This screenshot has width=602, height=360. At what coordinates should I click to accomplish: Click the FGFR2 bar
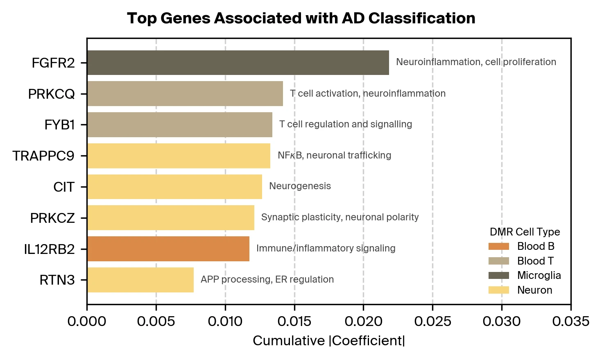[x=238, y=63]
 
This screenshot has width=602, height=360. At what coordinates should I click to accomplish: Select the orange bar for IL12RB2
[x=168, y=249]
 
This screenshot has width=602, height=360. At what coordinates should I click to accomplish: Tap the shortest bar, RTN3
[x=140, y=280]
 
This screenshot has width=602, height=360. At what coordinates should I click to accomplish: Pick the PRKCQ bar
[x=185, y=94]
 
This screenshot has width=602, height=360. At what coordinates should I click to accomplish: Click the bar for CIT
[x=174, y=187]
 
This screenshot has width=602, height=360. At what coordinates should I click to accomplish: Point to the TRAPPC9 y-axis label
[x=43, y=156]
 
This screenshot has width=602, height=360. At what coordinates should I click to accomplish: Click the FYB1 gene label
[x=59, y=125]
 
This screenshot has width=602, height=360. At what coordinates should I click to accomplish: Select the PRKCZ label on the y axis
[x=52, y=218]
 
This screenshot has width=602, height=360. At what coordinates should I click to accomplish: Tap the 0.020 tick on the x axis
[x=363, y=322]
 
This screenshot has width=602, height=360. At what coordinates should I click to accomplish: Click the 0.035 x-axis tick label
[x=570, y=322]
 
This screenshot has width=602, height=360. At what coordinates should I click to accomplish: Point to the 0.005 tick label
[x=156, y=322]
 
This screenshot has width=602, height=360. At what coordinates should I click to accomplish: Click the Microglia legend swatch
[x=499, y=275]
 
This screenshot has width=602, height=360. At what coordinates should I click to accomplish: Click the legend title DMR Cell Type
[x=525, y=232]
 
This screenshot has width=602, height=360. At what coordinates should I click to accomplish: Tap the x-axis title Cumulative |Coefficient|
[x=328, y=341]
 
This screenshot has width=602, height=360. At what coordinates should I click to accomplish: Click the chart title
[x=301, y=18]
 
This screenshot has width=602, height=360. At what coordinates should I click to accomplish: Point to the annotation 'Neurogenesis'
[x=300, y=186]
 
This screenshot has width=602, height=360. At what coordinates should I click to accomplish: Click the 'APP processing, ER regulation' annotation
[x=267, y=279]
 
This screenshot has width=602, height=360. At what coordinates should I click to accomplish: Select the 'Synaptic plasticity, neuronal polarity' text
[x=340, y=217]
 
